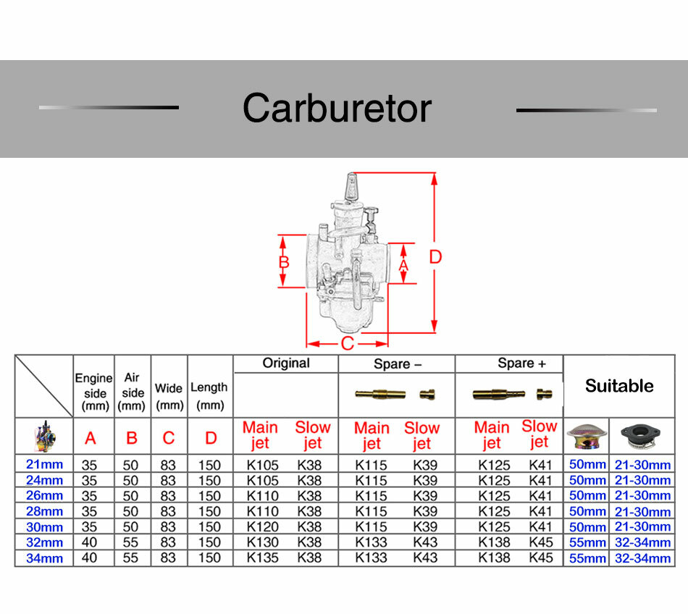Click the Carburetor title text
point(337,109)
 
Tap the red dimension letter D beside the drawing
point(435,257)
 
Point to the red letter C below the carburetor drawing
point(347,343)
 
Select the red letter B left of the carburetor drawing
point(284,262)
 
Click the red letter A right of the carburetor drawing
point(403,265)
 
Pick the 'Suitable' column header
point(619,386)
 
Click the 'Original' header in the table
point(286,363)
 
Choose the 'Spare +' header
point(521,363)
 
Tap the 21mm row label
point(44,464)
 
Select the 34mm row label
point(44,558)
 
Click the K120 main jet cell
point(262,526)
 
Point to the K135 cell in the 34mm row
point(262,558)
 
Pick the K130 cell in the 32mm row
point(262,542)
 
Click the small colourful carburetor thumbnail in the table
point(45,437)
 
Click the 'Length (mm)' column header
point(209,396)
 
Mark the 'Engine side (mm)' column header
point(94,392)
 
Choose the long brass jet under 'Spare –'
point(380,394)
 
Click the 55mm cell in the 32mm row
point(587,542)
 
